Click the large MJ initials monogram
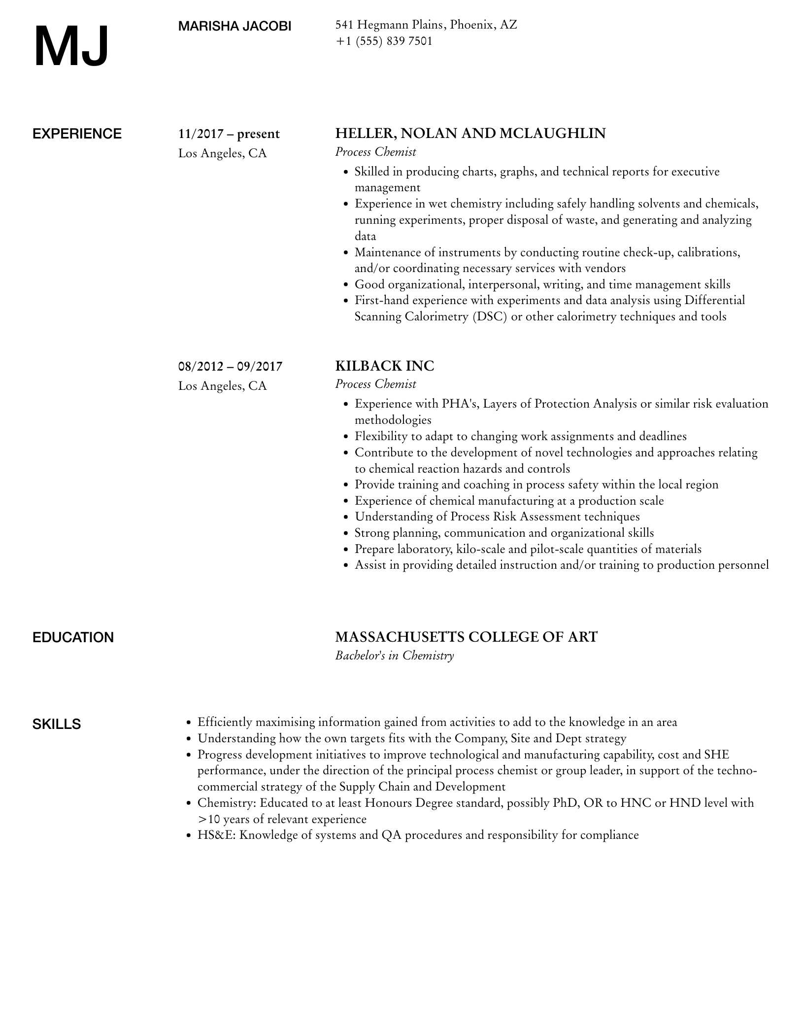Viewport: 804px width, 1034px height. pyautogui.click(x=71, y=47)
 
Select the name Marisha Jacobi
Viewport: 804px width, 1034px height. pyautogui.click(x=234, y=27)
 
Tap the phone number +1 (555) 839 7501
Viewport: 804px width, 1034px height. pyautogui.click(x=384, y=41)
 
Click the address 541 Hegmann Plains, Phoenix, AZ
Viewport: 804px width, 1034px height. pyautogui.click(x=426, y=25)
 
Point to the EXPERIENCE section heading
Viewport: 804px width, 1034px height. pyautogui.click(x=77, y=134)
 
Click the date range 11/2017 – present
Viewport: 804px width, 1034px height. pyautogui.click(x=229, y=134)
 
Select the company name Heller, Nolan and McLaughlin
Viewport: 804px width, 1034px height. pyautogui.click(x=470, y=134)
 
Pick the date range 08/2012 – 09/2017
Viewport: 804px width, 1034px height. pyautogui.click(x=231, y=366)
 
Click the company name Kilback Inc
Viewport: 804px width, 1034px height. pyautogui.click(x=385, y=366)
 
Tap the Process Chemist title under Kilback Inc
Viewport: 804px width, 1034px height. pyautogui.click(x=375, y=384)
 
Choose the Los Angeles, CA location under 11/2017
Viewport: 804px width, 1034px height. pyautogui.click(x=223, y=153)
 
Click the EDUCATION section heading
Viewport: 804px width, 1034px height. pyautogui.click(x=73, y=638)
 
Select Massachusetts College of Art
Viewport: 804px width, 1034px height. pyautogui.click(x=466, y=637)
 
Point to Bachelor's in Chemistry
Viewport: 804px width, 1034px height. pyautogui.click(x=394, y=655)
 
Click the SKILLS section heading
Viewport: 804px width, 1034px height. pyautogui.click(x=57, y=724)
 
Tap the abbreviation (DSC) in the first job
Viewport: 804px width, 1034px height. pyautogui.click(x=490, y=316)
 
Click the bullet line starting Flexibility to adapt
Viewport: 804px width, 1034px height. pyautogui.click(x=520, y=437)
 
